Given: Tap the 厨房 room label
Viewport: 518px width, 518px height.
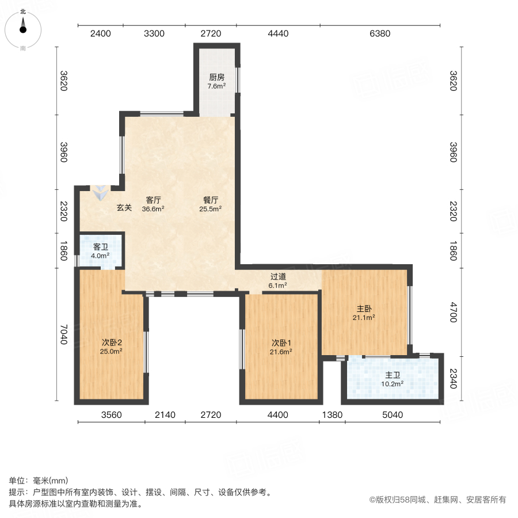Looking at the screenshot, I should [x=216, y=77].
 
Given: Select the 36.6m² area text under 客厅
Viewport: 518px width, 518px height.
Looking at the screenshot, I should [x=153, y=210].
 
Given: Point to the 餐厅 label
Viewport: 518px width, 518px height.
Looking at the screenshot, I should [x=211, y=200].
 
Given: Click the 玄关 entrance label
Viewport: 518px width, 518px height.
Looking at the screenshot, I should [x=124, y=208].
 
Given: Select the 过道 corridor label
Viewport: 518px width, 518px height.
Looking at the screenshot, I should [x=278, y=276].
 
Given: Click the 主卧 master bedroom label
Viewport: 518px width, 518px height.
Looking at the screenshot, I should [x=364, y=308].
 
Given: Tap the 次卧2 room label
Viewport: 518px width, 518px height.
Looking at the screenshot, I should [x=111, y=342].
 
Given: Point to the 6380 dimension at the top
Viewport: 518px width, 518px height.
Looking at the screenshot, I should [x=380, y=34].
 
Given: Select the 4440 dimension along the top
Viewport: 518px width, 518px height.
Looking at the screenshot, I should [x=278, y=34].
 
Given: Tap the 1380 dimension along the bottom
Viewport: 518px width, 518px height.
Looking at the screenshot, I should [x=332, y=415].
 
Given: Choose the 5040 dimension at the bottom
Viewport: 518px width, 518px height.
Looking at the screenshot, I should [x=393, y=415].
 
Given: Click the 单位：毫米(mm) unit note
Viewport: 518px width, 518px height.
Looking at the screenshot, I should [x=39, y=481].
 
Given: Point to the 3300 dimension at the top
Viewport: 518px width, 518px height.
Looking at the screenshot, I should [x=154, y=34].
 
